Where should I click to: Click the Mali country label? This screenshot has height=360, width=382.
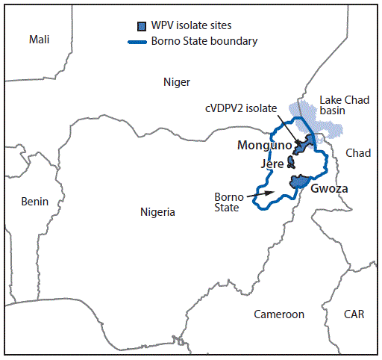[x=40, y=40]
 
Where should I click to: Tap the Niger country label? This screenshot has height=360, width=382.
[x=177, y=82]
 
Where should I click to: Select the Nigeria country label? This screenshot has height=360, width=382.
[x=157, y=212]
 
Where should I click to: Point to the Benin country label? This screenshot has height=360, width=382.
[x=35, y=202]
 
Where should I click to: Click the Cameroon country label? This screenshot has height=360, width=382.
[x=279, y=314]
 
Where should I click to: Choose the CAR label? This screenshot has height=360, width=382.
[x=354, y=314]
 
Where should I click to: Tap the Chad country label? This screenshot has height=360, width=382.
[x=358, y=153]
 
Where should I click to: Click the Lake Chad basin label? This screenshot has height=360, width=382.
[x=345, y=105]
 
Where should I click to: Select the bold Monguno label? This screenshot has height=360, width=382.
[x=265, y=146]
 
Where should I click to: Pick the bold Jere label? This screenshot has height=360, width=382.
[x=272, y=164]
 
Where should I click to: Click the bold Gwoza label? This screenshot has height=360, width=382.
[x=329, y=188]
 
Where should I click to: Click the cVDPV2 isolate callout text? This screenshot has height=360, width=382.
[x=241, y=108]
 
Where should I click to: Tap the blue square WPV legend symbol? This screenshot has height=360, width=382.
[x=142, y=26]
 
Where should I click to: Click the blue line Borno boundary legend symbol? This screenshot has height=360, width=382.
[x=137, y=42]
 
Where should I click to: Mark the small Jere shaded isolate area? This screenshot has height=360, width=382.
[x=291, y=162]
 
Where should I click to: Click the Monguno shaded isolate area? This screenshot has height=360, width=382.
[x=304, y=145]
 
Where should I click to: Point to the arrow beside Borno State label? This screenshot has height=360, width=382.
[x=260, y=194]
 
